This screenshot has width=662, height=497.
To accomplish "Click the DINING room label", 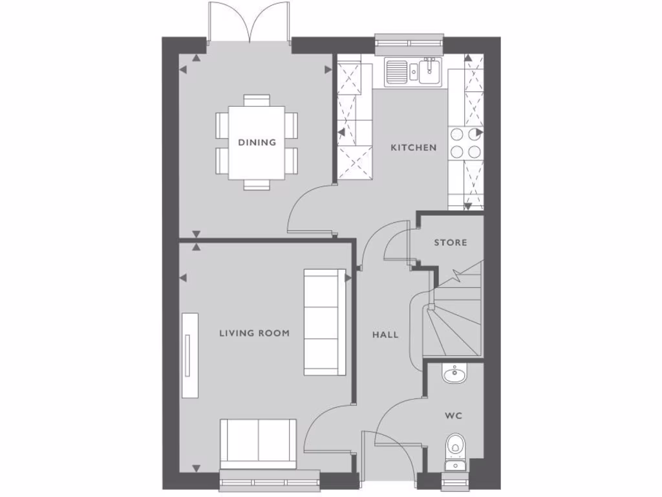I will (257, 142).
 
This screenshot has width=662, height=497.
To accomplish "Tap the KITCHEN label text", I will (413, 148).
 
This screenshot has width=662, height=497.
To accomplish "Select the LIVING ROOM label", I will (254, 333).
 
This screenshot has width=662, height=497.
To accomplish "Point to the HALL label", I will (385, 335).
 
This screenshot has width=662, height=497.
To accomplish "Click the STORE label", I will (450, 243).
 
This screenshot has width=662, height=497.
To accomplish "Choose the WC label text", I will (453, 415).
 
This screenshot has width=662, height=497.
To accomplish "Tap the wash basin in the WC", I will (454, 373).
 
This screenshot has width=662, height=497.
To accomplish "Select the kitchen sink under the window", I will (412, 71).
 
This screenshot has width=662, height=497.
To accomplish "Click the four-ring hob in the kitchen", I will (465, 143).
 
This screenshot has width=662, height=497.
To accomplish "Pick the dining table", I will (257, 142).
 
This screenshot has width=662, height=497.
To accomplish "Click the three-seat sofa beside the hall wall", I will (325, 322).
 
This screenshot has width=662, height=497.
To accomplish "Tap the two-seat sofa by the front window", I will (259, 443).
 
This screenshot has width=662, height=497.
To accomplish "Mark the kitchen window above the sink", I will (409, 45).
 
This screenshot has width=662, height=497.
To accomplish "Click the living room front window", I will (270, 480).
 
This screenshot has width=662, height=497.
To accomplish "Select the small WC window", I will (455, 480).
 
